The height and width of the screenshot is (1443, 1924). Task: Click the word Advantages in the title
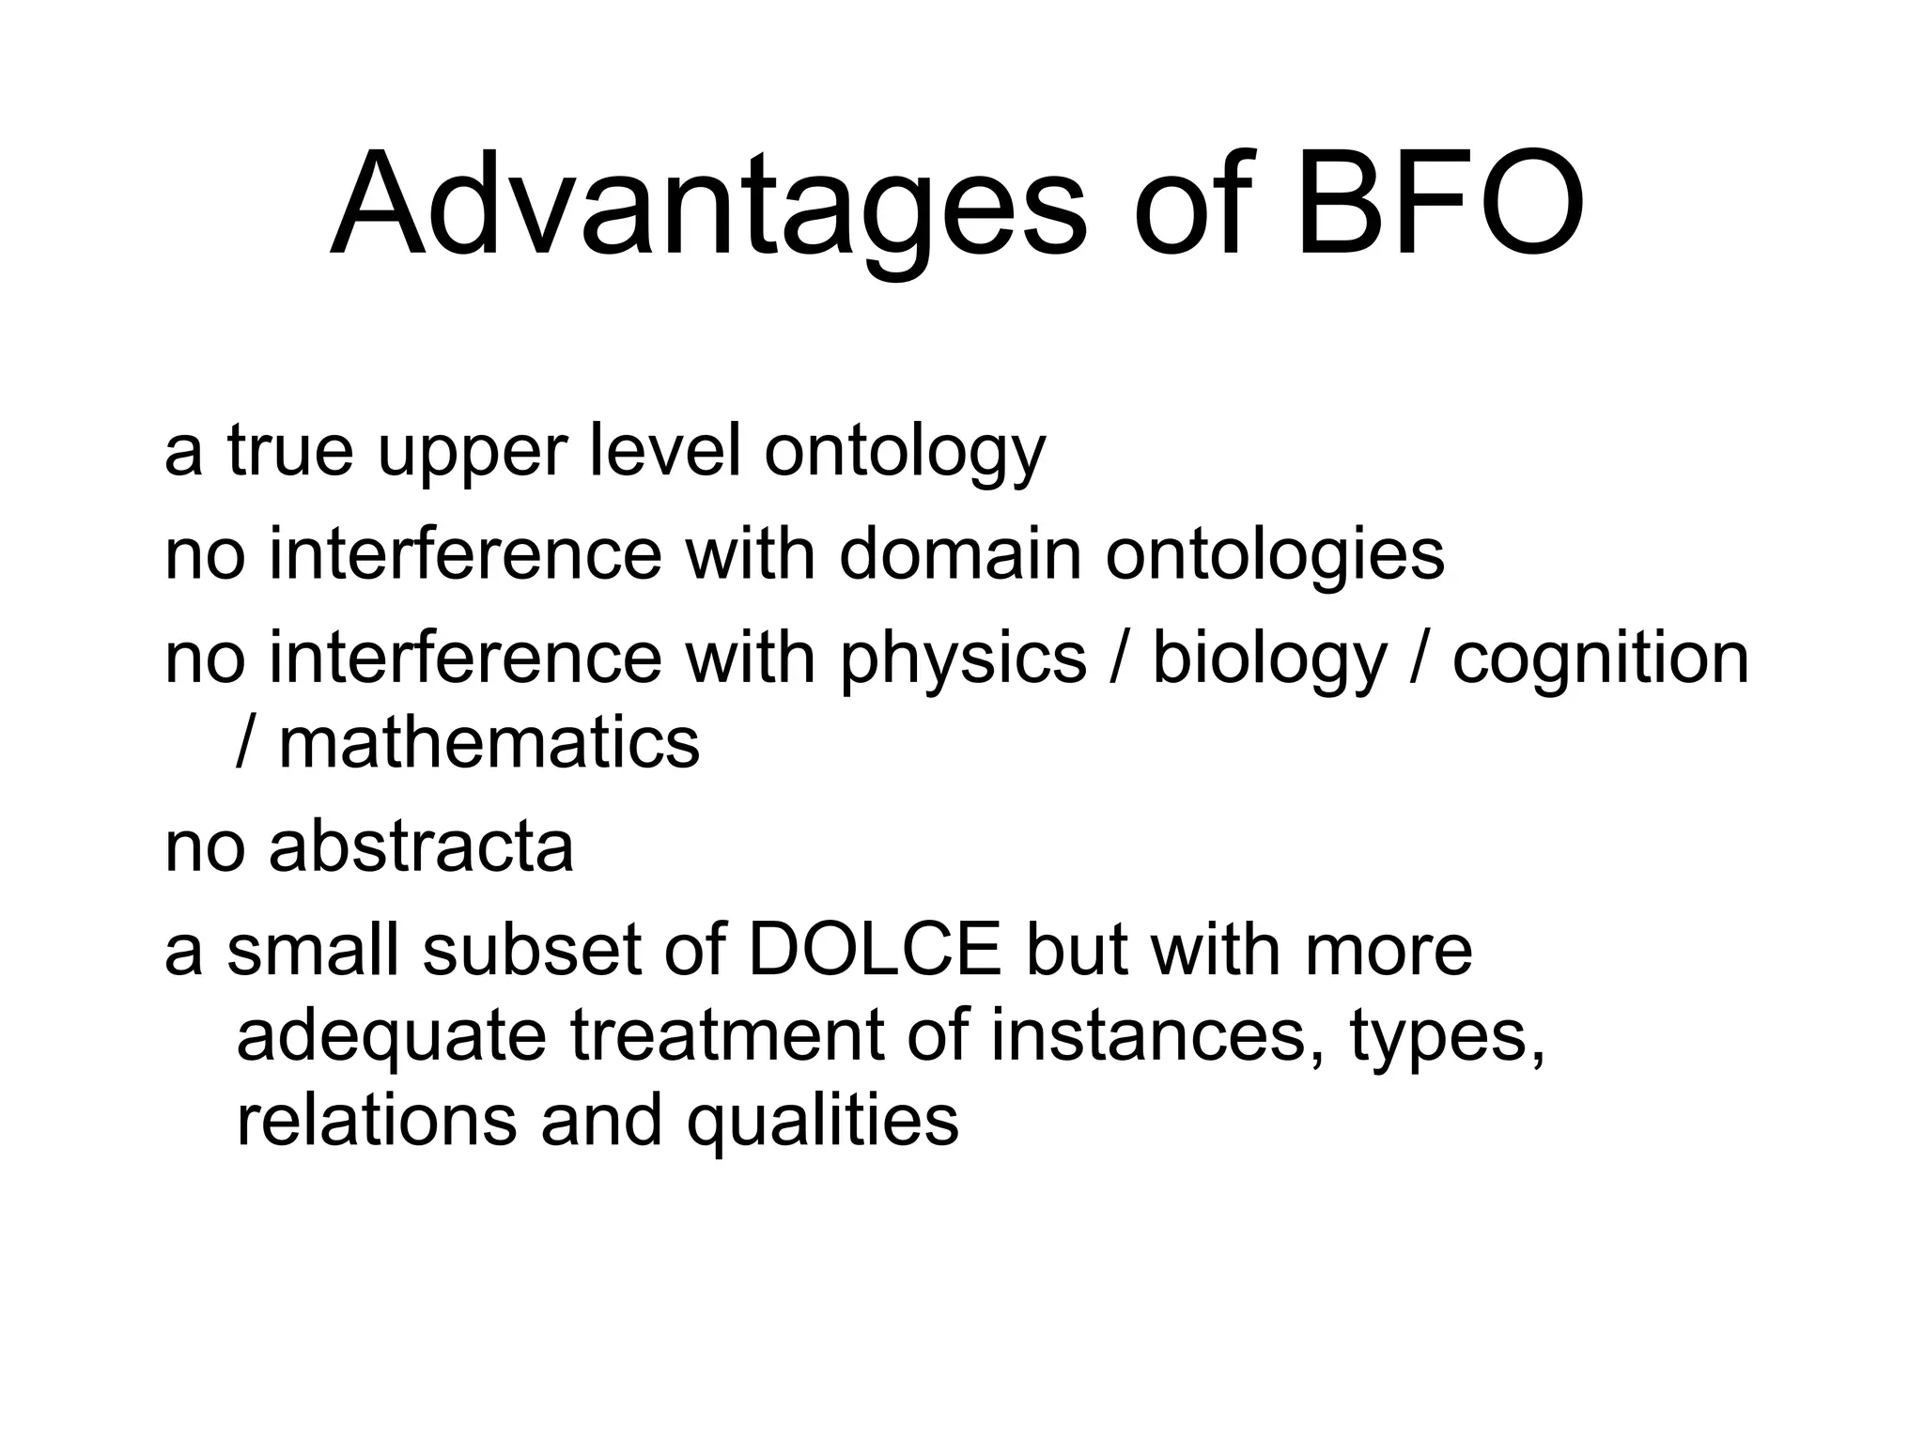tap(708, 205)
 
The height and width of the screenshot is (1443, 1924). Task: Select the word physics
tap(963, 660)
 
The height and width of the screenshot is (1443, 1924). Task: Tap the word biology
tap(1269, 660)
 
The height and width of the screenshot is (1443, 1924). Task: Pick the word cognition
tap(1601, 660)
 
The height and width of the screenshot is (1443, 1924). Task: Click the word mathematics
tap(489, 743)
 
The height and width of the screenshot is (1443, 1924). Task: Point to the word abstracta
tap(421, 846)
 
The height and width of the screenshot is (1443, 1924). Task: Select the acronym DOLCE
tap(876, 951)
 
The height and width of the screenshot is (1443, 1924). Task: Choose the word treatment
tap(726, 1035)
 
